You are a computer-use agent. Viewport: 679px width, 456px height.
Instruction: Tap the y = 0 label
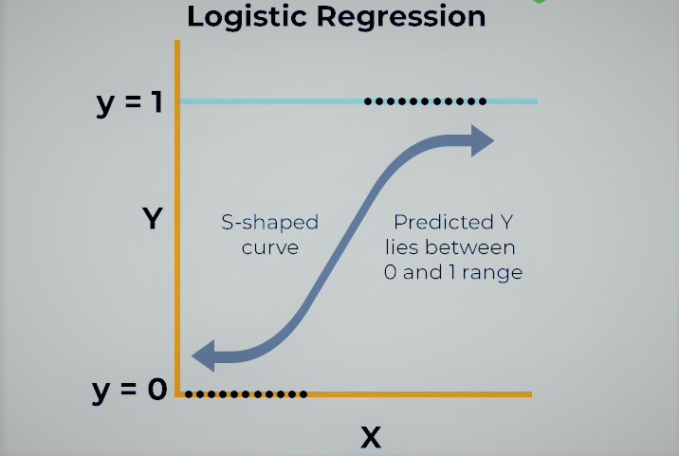(x=129, y=390)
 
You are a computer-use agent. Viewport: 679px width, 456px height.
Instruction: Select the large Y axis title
(x=152, y=220)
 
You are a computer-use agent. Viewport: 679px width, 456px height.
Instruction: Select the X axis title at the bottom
(x=370, y=437)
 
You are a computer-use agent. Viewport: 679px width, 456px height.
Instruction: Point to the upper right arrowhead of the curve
(x=483, y=141)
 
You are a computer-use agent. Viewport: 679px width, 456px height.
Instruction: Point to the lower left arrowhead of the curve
(x=204, y=356)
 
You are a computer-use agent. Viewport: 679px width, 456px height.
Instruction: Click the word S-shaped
(x=270, y=224)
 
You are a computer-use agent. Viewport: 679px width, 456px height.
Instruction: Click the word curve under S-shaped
(x=270, y=247)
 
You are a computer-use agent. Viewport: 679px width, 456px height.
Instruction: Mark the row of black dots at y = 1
(x=425, y=100)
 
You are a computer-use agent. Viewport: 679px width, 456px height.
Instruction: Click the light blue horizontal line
(x=275, y=100)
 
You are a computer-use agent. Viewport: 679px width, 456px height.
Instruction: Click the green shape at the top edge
(x=539, y=2)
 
